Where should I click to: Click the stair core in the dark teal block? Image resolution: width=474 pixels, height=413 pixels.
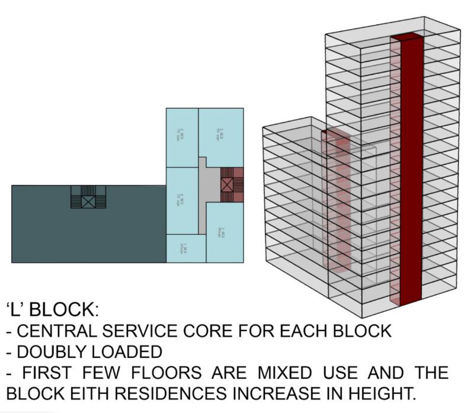click(88, 197)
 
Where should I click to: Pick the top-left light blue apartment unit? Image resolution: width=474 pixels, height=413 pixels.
click(181, 137)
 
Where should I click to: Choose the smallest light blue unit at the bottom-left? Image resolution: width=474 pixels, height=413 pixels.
click(185, 248)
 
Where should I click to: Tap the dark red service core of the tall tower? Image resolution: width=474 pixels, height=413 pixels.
click(411, 172)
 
